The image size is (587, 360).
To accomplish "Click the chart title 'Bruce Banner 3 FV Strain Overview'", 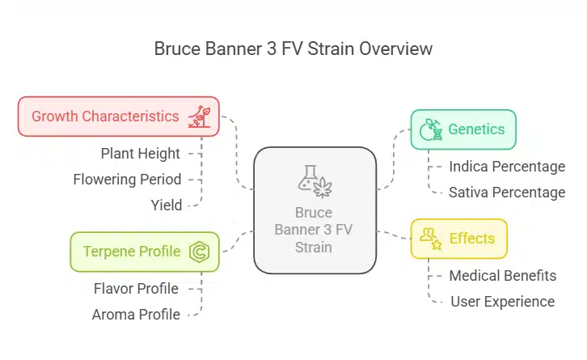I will tap(293, 49).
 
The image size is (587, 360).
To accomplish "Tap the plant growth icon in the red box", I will tap(199, 116).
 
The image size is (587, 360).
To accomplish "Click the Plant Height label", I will tap(141, 153).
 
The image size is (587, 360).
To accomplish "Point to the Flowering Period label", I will tap(127, 179).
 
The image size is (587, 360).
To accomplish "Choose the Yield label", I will tap(167, 205).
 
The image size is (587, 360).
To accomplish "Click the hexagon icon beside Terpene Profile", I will tap(199, 252).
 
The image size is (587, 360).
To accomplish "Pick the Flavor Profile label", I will tap(136, 288).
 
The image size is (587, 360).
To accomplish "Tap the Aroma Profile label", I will tap(136, 314).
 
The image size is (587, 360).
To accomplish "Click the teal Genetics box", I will tap(462, 129).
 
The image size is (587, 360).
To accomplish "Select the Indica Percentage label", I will tap(507, 167).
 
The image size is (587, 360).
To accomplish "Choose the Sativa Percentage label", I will tap(507, 193).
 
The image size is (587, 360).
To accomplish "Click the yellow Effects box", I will tap(458, 239).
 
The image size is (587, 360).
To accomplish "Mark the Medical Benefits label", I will tap(502, 275).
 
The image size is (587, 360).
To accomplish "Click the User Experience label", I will tap(501, 301).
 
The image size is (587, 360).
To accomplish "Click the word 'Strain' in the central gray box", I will tap(315, 247).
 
